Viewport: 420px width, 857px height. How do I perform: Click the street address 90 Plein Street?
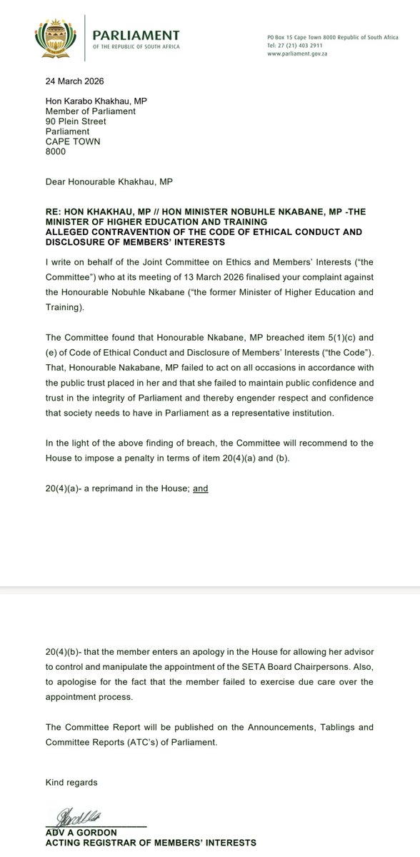click(x=76, y=121)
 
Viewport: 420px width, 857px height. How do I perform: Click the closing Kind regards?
click(x=71, y=783)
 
